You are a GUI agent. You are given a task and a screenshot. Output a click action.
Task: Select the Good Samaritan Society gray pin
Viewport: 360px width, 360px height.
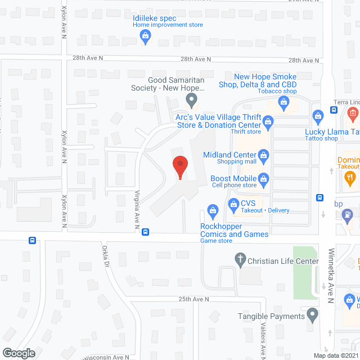pyautogui.click(x=191, y=102)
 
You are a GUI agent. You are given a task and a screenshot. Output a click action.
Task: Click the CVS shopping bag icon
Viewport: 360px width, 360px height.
pyautogui.click(x=233, y=203)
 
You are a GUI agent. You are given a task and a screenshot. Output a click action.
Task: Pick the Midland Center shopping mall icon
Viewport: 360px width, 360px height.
pyautogui.click(x=262, y=155)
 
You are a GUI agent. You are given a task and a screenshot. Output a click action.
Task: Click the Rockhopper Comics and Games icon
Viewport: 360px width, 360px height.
pyautogui.click(x=213, y=211)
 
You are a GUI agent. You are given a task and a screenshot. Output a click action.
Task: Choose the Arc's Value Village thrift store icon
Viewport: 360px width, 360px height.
pyautogui.click(x=268, y=120)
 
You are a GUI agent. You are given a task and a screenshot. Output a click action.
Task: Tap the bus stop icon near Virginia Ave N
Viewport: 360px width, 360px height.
pyautogui.click(x=145, y=232)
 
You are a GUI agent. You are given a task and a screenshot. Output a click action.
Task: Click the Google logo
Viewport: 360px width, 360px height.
pyautogui.click(x=18, y=353)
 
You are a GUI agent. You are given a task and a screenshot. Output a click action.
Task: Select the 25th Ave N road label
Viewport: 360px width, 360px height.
pyautogui.click(x=194, y=299)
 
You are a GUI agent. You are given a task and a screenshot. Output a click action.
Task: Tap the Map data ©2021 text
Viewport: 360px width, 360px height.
pyautogui.click(x=335, y=355)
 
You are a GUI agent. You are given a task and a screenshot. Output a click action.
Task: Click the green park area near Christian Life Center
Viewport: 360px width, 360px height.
pyautogui.click(x=304, y=264)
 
